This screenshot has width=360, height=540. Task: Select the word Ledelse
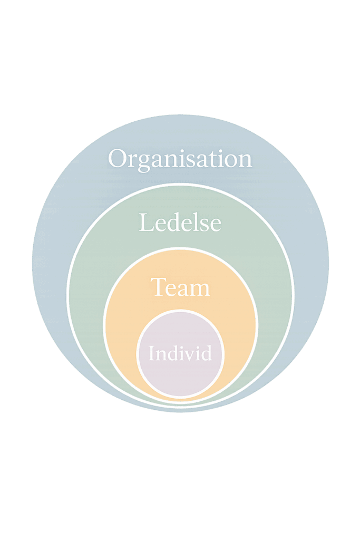[180, 223]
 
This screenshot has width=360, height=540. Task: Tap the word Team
[180, 288]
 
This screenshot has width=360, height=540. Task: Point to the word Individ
[180, 353]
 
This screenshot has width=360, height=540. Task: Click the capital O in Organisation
[119, 159]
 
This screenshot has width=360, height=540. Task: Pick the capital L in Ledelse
[145, 223]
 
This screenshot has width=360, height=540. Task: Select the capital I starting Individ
[151, 353]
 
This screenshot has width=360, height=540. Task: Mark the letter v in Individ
[187, 354]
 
